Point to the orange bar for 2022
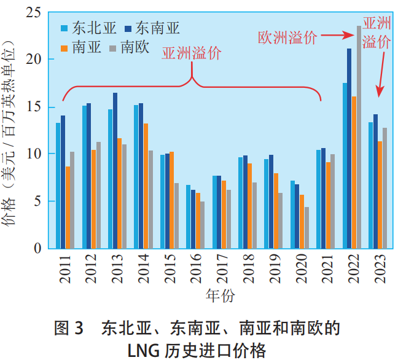[354, 172]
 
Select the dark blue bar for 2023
[375, 181]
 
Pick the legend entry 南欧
[135, 46]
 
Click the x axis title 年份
[219, 295]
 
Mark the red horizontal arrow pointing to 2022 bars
[335, 36]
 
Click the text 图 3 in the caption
[68, 327]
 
